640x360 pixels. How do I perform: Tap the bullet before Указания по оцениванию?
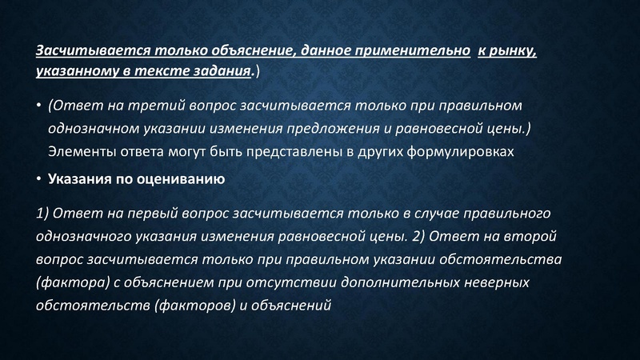coord(38,179)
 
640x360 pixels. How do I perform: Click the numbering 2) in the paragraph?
coord(422,238)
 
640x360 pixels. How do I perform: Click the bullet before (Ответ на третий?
coord(38,106)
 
